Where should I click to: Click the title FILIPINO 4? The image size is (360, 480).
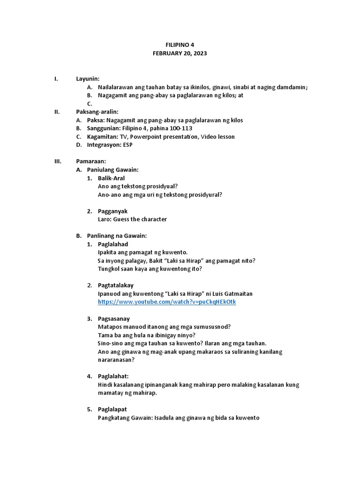[x=180, y=45]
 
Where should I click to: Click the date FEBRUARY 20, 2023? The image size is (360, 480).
[x=180, y=53]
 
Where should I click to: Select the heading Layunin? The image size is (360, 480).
[x=88, y=79]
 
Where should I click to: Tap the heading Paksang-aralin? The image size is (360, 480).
[x=97, y=112]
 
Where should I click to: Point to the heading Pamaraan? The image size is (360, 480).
[x=91, y=161]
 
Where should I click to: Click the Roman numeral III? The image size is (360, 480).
[x=59, y=161]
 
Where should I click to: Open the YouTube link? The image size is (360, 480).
[x=167, y=302]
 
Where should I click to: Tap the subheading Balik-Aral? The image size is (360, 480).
[x=111, y=178]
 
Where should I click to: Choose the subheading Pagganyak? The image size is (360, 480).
[x=112, y=211]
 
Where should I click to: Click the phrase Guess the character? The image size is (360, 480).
[x=140, y=219]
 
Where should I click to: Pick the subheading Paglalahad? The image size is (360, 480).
[x=113, y=244]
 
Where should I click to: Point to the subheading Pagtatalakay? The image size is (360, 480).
[x=116, y=285]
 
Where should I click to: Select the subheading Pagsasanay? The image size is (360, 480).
[x=114, y=319]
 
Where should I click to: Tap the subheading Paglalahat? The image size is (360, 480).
[x=113, y=376]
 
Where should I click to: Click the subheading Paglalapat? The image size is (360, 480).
[x=112, y=409]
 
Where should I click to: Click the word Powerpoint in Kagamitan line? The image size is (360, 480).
[x=148, y=137]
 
